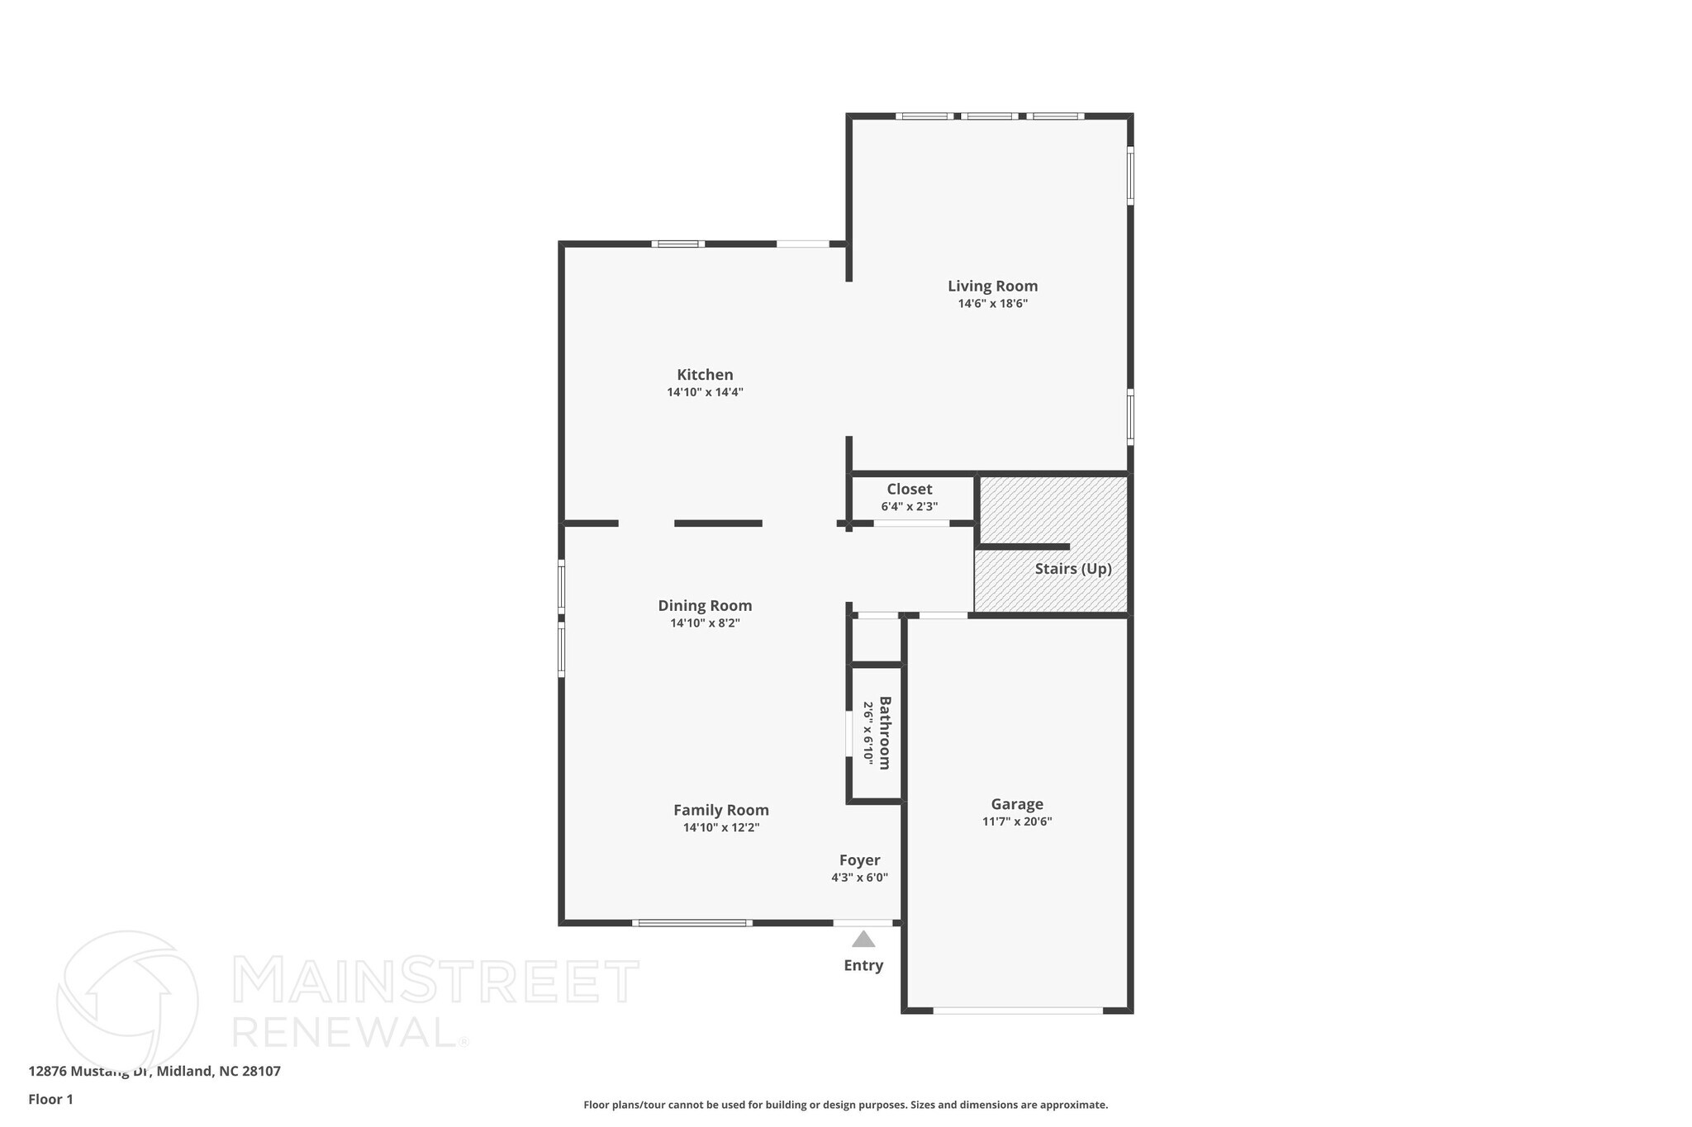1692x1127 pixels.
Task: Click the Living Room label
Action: tap(992, 286)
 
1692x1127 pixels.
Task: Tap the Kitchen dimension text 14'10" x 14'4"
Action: tap(705, 392)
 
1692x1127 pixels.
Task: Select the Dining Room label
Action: tap(705, 605)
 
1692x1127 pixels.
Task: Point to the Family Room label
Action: tap(720, 810)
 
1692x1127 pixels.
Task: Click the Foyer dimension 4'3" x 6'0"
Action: tap(859, 878)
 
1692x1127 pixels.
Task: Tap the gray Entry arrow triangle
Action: tap(863, 940)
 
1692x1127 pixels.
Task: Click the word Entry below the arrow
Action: tap(863, 965)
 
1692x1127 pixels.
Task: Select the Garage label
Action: tap(1017, 803)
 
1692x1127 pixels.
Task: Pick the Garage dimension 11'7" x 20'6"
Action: tap(1017, 822)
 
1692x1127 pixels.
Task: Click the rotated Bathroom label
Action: tap(885, 733)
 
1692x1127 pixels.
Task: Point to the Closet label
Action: tap(909, 489)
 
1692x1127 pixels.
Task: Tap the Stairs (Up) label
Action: tap(1072, 569)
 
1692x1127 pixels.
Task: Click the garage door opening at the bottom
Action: tap(1018, 1010)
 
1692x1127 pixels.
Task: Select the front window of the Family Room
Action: tap(692, 922)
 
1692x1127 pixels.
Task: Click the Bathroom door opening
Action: tap(848, 734)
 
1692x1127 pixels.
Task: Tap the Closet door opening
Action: tap(911, 523)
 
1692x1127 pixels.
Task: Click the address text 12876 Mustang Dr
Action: tap(154, 1071)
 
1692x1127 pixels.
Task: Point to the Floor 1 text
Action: tap(50, 1099)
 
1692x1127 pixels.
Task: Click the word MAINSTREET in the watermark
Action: tap(435, 980)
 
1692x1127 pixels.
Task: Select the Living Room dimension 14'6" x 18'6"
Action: tap(992, 303)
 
